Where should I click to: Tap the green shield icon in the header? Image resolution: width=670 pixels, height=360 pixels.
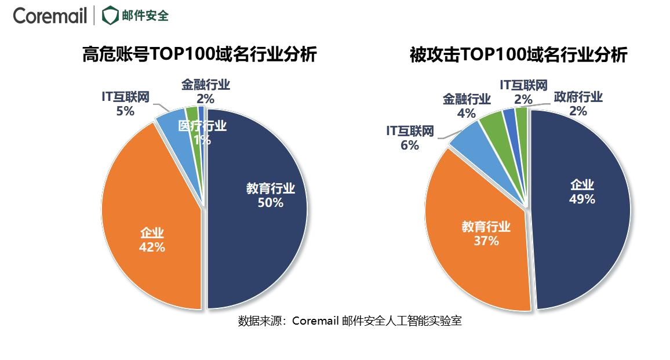click(x=108, y=16)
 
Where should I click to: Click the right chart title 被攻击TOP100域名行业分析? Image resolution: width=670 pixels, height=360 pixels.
click(x=518, y=55)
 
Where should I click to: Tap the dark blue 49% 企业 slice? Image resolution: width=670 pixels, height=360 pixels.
click(x=585, y=243)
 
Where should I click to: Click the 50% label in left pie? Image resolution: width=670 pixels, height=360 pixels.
click(x=271, y=203)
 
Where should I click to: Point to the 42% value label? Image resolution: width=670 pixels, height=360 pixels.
click(x=152, y=247)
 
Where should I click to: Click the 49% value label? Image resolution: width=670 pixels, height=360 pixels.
click(x=582, y=199)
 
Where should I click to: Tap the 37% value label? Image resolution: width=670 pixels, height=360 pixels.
click(x=486, y=241)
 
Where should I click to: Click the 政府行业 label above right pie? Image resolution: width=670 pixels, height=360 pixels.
click(x=578, y=97)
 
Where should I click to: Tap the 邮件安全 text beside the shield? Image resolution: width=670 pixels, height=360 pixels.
click(x=145, y=16)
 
